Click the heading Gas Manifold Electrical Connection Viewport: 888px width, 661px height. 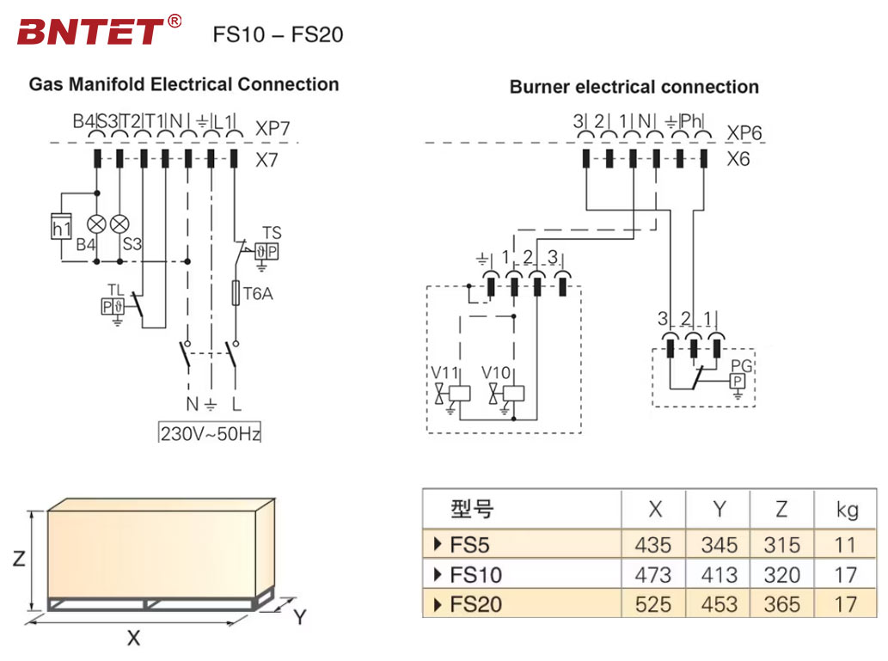click(184, 84)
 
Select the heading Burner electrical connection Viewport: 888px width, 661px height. click(634, 87)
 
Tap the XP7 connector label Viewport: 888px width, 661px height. click(273, 129)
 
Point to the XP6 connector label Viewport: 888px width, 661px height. click(744, 133)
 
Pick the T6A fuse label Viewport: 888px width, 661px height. click(257, 293)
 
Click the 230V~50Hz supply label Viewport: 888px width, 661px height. click(210, 433)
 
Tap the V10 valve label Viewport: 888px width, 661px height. click(496, 373)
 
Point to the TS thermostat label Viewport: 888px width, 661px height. click(272, 233)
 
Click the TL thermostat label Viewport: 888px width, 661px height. click(115, 289)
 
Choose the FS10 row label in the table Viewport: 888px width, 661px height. click(475, 574)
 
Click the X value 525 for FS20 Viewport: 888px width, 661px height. click(653, 604)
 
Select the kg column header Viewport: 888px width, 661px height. click(847, 510)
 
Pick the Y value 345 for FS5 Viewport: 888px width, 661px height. click(719, 545)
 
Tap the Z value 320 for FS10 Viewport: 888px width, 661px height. click(781, 574)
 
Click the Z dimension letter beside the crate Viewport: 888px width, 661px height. click(18, 559)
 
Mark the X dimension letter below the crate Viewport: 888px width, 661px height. click(133, 638)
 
